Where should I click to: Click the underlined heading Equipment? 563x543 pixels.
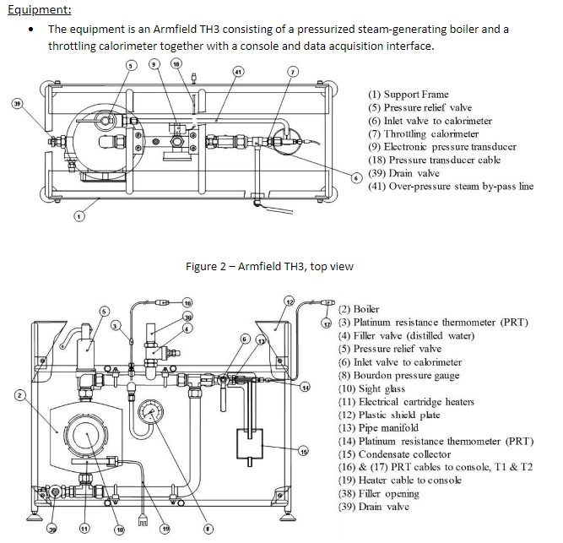point(39,10)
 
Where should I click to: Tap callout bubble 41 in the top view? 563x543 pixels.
point(239,73)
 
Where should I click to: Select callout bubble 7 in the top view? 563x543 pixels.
point(293,73)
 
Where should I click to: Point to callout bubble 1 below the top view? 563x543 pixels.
point(78,216)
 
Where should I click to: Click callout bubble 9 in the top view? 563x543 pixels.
point(153,64)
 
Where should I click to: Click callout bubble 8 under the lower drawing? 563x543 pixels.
point(208,529)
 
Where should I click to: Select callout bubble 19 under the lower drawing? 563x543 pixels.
point(165,529)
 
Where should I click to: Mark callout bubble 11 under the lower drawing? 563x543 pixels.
point(84,529)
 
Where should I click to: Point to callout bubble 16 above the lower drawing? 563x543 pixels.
point(187,301)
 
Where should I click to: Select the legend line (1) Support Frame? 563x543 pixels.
point(409,95)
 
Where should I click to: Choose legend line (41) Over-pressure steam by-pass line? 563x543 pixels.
point(451,186)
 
